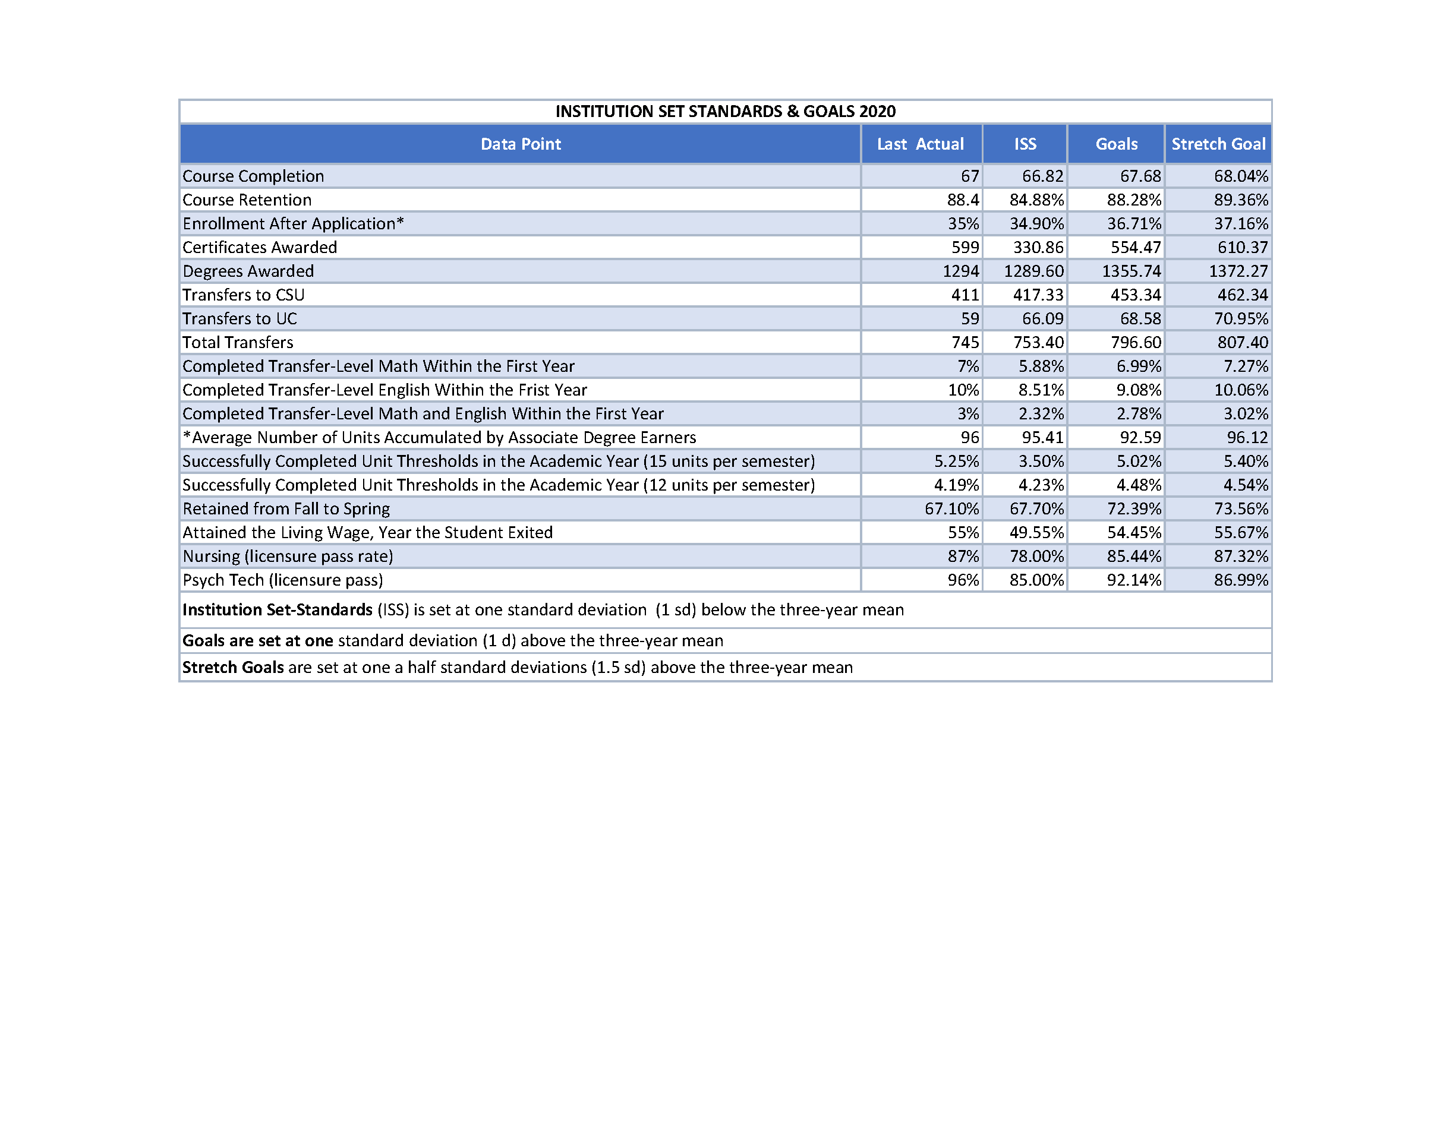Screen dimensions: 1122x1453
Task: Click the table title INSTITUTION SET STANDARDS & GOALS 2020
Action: coord(725,111)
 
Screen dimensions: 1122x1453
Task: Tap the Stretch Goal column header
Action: coord(1218,144)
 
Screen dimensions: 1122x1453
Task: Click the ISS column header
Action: coord(1025,144)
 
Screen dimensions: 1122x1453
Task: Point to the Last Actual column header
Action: coord(920,144)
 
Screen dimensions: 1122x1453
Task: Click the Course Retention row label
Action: coord(247,200)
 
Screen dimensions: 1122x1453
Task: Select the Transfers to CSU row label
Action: coord(244,295)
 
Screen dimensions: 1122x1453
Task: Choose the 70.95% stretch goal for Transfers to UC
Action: coord(1241,318)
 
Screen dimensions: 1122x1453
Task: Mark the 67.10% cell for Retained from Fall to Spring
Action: coord(951,509)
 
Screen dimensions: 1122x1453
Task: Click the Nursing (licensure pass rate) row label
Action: coord(288,556)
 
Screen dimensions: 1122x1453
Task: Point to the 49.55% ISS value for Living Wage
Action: coord(1036,532)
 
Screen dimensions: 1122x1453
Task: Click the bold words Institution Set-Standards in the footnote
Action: coord(278,610)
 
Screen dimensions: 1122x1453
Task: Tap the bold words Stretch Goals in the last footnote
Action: coord(233,667)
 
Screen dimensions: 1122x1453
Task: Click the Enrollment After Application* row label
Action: coord(293,223)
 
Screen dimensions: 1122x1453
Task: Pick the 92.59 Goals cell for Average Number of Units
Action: coord(1140,438)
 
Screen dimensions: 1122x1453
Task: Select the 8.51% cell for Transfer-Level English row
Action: coord(1041,390)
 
